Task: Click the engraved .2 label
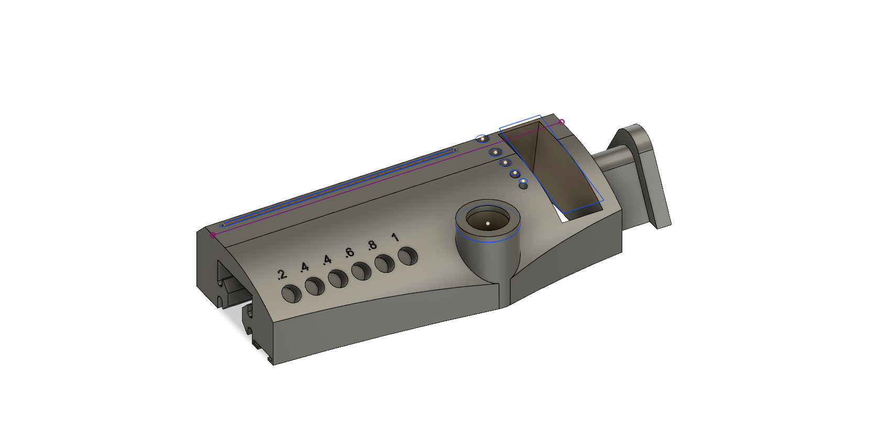tap(282, 274)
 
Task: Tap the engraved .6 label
tap(349, 252)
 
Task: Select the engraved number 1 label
tap(395, 237)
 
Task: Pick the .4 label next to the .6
tap(327, 260)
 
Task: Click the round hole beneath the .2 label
tap(291, 294)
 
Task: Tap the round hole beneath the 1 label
tap(408, 256)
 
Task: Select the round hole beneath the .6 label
tap(361, 271)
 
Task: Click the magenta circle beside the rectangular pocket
tap(562, 122)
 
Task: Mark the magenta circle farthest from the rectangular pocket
tap(213, 235)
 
